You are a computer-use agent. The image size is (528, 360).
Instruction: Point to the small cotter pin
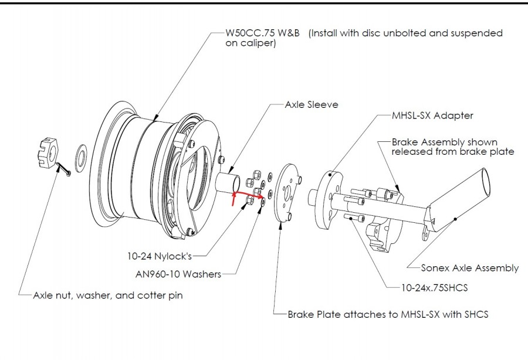click(x=66, y=172)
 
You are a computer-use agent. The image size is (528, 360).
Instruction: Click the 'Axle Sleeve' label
click(x=312, y=105)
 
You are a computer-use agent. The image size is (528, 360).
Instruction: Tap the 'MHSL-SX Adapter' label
click(x=432, y=116)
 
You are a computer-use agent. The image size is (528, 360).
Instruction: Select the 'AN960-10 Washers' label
click(x=178, y=274)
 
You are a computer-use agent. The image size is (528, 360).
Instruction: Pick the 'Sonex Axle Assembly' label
click(x=469, y=268)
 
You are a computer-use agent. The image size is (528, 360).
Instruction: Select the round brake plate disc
click(x=288, y=193)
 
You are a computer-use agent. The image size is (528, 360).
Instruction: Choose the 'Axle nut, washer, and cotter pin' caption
click(x=107, y=296)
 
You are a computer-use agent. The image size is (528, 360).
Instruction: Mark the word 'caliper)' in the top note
click(x=251, y=43)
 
